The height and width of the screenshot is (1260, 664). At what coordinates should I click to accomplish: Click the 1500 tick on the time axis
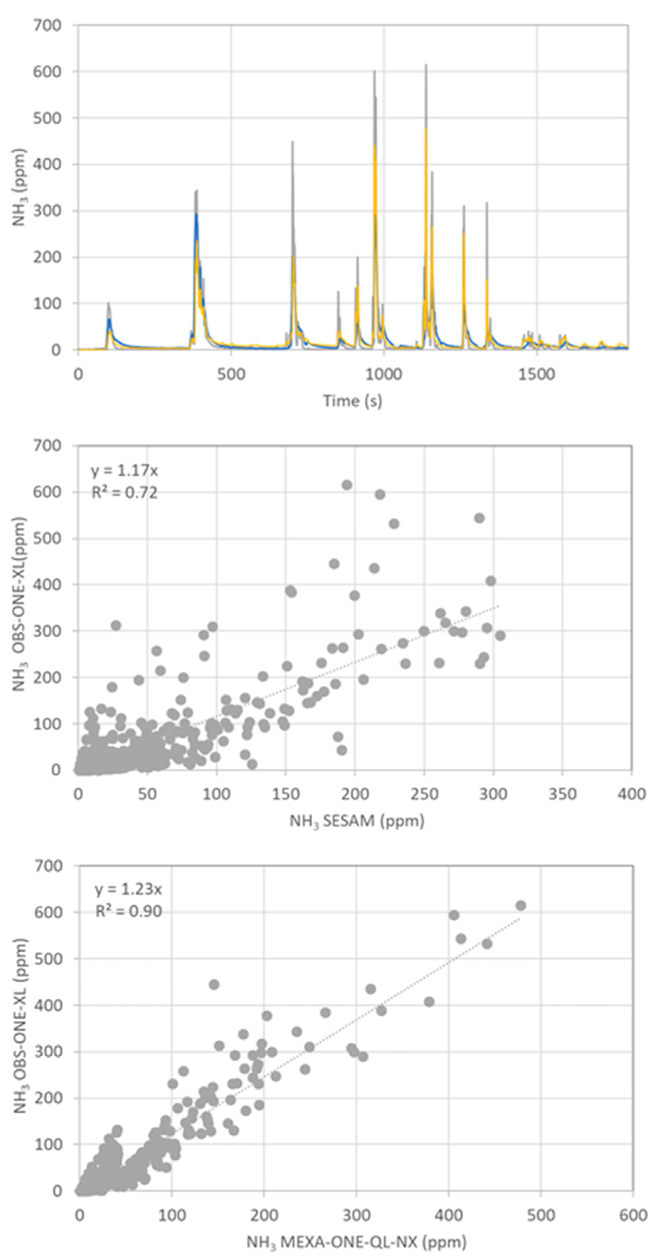pyautogui.click(x=536, y=375)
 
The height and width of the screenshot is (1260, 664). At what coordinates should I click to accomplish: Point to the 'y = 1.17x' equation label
pyautogui.click(x=124, y=471)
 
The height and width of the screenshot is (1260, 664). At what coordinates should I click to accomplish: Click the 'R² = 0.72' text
pyautogui.click(x=125, y=492)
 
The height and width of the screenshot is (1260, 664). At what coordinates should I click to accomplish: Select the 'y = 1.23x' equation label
pyautogui.click(x=128, y=889)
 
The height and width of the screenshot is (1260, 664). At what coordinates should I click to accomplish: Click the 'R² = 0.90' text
pyautogui.click(x=128, y=911)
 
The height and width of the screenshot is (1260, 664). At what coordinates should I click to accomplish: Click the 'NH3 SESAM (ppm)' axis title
pyautogui.click(x=357, y=820)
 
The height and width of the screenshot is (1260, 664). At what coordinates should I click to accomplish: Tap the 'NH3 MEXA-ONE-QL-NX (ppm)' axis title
pyautogui.click(x=356, y=1241)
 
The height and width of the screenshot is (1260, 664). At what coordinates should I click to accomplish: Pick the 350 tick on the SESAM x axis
pyautogui.click(x=562, y=793)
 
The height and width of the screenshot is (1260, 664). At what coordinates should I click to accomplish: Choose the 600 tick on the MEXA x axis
pyautogui.click(x=633, y=1215)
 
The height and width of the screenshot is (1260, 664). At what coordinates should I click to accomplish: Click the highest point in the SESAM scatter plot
pyautogui.click(x=347, y=485)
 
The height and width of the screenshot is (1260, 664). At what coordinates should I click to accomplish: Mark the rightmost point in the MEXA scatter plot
pyautogui.click(x=521, y=905)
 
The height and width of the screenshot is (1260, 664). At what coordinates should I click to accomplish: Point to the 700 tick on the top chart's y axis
pyautogui.click(x=47, y=25)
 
